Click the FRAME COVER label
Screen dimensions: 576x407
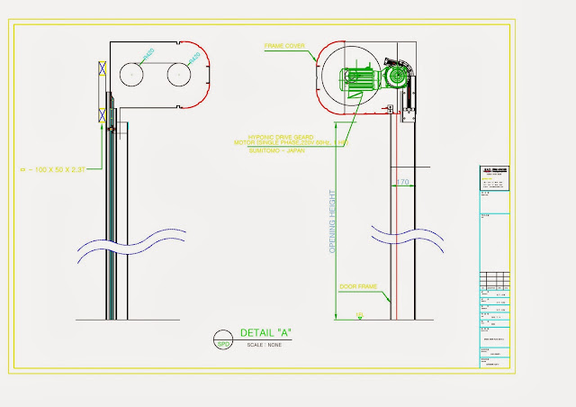click(283, 44)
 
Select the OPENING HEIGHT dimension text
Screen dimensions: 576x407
click(332, 221)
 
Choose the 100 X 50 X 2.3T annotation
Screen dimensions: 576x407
click(58, 168)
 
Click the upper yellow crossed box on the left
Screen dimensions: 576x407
click(102, 69)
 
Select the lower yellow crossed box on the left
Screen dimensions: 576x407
click(102, 115)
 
